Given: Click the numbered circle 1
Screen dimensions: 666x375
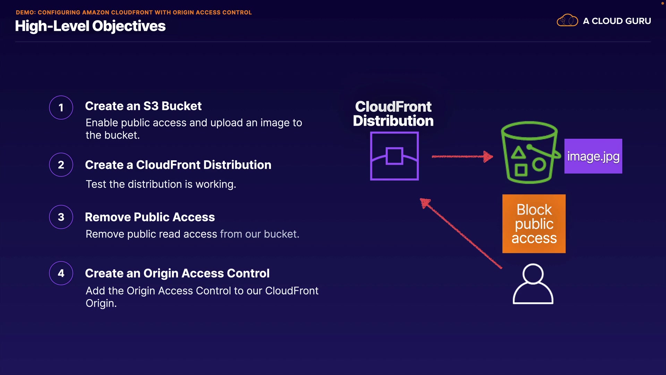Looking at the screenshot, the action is [x=61, y=108].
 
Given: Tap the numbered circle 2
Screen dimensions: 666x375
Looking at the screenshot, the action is [x=61, y=165].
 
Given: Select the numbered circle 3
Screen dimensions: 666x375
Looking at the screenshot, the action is [x=61, y=217].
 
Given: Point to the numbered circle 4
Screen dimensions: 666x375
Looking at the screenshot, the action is [x=61, y=273].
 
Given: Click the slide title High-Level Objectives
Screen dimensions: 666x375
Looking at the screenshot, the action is [x=90, y=26].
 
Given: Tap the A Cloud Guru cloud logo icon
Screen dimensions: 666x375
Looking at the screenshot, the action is [x=567, y=20].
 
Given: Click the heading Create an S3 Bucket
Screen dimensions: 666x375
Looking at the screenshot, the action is [x=143, y=106].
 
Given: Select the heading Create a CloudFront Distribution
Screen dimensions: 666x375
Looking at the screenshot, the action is [x=178, y=165].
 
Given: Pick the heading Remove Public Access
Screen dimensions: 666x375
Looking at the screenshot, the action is [x=150, y=217].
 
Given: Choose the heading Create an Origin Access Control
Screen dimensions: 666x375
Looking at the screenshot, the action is [x=177, y=273].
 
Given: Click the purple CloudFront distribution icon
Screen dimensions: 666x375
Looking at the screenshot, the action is [x=394, y=156].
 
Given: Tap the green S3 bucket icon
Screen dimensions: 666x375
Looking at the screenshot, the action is [x=530, y=152].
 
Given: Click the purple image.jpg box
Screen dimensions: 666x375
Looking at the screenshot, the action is [x=593, y=156].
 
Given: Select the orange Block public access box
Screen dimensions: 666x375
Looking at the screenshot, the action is [x=534, y=224].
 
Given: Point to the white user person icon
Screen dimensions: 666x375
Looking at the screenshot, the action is [x=533, y=284].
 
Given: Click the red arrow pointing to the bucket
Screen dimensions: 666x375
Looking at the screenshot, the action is [x=462, y=157].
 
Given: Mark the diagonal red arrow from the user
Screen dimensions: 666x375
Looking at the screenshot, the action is [x=461, y=233].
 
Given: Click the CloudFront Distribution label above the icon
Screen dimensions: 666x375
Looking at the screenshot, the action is [x=393, y=114].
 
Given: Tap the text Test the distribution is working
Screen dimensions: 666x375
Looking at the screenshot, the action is [x=161, y=184].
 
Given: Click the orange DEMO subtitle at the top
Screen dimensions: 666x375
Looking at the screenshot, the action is [x=134, y=12].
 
